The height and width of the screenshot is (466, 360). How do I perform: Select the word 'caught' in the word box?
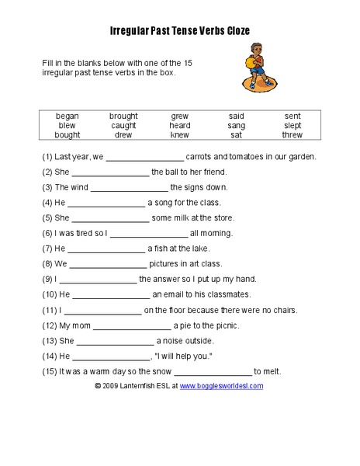[x=123, y=125]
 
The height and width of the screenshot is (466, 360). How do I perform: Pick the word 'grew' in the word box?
[x=180, y=116]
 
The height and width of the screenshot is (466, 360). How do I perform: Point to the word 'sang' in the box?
[x=237, y=125]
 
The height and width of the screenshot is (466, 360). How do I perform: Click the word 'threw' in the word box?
[x=292, y=134]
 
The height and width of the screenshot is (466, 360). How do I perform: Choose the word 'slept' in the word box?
[x=292, y=125]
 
